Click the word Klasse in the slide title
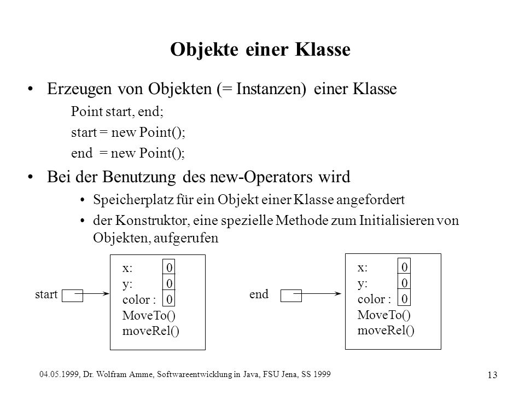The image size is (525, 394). [x=323, y=49]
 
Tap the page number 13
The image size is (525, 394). [x=492, y=375]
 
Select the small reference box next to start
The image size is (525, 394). [x=72, y=296]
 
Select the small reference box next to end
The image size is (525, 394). [x=291, y=296]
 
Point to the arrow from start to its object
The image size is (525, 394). [x=92, y=294]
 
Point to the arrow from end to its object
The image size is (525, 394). [x=317, y=294]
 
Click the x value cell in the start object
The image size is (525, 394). [x=169, y=267]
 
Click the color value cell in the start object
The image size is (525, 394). [x=169, y=299]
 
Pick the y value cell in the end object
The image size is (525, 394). [x=404, y=282]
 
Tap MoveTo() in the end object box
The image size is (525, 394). [x=384, y=315]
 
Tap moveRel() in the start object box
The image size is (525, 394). [x=151, y=331]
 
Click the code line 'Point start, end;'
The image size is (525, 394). [x=117, y=112]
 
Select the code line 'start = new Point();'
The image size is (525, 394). [x=128, y=132]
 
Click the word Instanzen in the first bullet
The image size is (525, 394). [x=271, y=89]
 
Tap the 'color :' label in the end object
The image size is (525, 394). [x=374, y=299]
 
